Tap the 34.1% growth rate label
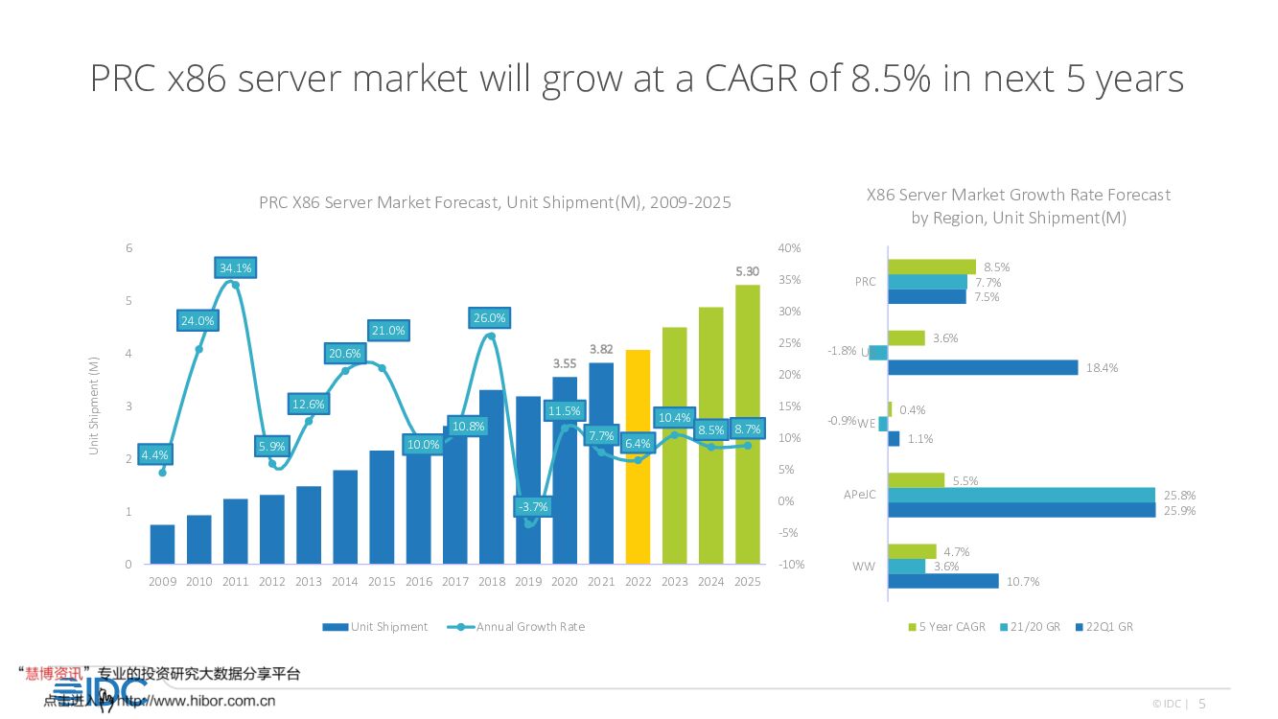coord(235,268)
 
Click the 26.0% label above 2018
coord(489,318)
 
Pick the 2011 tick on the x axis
coord(235,582)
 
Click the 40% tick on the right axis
coord(789,248)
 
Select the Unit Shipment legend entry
coord(375,627)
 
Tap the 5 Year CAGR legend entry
coord(946,627)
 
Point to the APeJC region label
coord(858,495)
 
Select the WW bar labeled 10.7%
coord(943,581)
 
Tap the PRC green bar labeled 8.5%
coord(932,267)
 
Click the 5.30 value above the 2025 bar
coord(747,271)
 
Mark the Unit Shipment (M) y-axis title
coord(94,405)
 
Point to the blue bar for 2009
coord(162,545)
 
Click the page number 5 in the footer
coord(1202,704)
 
